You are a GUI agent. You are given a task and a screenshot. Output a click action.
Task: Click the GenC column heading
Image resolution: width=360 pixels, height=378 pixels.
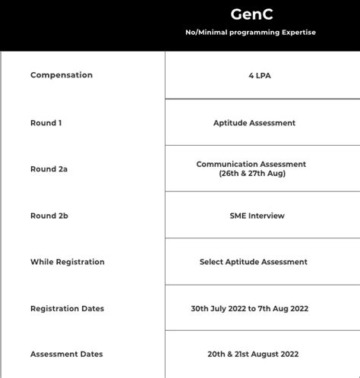251,14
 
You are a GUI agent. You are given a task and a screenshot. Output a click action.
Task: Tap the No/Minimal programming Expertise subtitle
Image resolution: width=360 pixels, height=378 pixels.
251,32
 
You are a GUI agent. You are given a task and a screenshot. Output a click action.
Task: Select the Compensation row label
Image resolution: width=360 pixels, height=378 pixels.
62,75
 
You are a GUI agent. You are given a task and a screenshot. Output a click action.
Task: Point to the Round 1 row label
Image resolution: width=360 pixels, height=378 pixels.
46,123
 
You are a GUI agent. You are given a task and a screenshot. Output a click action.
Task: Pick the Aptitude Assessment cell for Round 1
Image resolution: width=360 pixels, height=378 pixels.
254,123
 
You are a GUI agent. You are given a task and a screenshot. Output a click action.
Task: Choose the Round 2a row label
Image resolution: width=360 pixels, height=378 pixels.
49,169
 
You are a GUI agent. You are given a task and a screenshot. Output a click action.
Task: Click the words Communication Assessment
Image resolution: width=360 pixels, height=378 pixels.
251,164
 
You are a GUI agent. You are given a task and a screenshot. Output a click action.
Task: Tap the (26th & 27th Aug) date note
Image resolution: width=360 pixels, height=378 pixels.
251,173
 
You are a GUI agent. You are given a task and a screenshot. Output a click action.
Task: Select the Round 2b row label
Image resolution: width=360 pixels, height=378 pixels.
49,216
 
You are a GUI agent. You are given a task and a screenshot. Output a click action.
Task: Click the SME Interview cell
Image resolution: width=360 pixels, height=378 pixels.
257,216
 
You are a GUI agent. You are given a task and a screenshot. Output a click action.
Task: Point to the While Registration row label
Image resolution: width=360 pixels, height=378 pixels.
68,262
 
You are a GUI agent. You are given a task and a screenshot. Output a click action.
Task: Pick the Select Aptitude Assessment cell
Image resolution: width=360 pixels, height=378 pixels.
254,262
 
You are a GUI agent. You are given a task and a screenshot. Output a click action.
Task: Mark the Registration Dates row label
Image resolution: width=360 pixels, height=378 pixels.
68,309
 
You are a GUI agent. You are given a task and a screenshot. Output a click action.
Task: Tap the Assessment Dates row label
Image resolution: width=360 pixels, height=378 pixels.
67,354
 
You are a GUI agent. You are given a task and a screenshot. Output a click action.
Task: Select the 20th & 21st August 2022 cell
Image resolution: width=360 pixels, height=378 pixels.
253,354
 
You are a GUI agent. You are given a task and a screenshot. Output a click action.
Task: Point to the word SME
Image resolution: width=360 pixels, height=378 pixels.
238,216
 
